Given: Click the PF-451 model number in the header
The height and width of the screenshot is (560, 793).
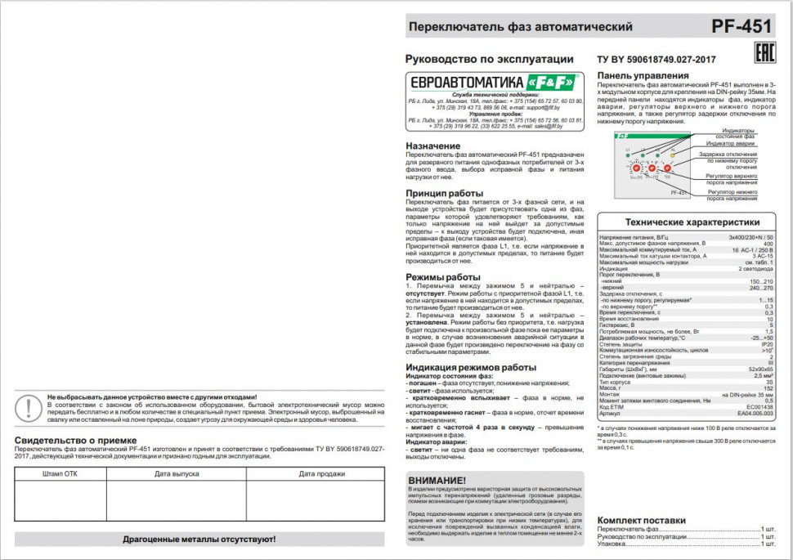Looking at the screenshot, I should pos(741,26).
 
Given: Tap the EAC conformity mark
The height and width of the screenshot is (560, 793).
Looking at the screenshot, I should pos(763,55).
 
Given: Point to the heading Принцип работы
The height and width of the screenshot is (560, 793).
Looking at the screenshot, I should pos(445,194).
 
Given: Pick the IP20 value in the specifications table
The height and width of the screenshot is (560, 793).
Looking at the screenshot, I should pos(766,345).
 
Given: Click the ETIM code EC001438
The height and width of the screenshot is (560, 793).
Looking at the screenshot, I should pos(759,407).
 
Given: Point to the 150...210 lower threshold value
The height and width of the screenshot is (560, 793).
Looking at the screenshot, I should pos(761,281).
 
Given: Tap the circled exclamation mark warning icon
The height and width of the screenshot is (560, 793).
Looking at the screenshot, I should pos(29,406).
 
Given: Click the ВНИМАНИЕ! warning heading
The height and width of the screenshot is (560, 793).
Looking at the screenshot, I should pos(437,480).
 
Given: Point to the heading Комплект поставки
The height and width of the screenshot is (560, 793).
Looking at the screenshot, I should pos(641,521).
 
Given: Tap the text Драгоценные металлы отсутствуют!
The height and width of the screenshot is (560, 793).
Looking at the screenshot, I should pos(199,540).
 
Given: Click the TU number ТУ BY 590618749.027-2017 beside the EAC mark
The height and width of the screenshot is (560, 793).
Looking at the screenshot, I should pos(656,60).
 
